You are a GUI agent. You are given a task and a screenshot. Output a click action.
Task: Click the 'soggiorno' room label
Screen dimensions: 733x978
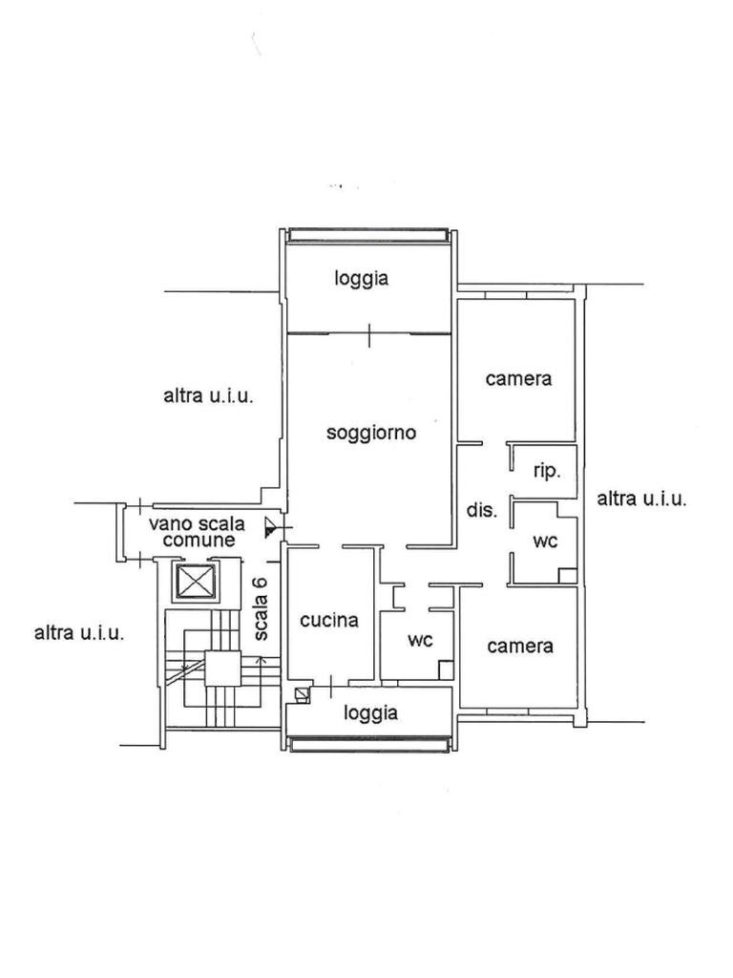click(x=371, y=433)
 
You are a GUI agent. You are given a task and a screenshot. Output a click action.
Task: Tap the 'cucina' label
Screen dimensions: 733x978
click(x=329, y=620)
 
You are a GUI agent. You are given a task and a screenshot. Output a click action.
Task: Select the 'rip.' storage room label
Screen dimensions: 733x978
click(x=547, y=472)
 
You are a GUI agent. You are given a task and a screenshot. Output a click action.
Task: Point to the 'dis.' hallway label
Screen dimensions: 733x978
click(x=482, y=510)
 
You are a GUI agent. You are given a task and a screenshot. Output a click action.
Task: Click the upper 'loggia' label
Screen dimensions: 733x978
click(x=362, y=278)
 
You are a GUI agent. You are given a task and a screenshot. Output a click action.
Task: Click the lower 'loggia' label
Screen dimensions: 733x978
click(x=371, y=712)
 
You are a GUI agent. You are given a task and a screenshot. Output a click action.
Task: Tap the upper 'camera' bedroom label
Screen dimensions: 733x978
click(x=518, y=378)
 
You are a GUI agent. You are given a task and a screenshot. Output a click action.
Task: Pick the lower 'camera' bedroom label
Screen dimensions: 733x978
click(x=520, y=647)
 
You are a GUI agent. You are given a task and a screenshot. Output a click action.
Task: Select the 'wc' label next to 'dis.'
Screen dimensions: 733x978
click(x=545, y=541)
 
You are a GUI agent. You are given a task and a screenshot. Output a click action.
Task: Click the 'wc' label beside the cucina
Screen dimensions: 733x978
click(x=420, y=639)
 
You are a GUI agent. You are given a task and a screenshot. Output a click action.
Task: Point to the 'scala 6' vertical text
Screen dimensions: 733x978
click(x=261, y=608)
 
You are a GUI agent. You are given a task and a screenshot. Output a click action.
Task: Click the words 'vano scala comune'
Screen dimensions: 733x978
click(x=197, y=532)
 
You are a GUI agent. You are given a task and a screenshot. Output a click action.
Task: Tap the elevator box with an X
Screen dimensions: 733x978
click(x=197, y=583)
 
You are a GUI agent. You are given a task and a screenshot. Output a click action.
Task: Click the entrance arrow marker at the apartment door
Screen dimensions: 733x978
click(x=270, y=527)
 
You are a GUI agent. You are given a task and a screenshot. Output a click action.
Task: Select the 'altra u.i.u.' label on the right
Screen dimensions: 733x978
click(x=642, y=499)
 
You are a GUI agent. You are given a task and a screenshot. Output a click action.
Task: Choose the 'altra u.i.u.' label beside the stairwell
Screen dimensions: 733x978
click(x=79, y=633)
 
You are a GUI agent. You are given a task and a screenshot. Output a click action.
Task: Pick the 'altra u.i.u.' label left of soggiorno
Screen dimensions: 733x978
click(x=209, y=396)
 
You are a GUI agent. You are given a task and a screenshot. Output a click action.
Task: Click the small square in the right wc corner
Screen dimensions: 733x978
click(x=567, y=576)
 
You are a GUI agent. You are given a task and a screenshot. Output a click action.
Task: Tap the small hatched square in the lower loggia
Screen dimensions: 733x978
click(x=303, y=695)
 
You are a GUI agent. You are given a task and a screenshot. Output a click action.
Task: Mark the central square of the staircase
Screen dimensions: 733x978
click(x=222, y=668)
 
